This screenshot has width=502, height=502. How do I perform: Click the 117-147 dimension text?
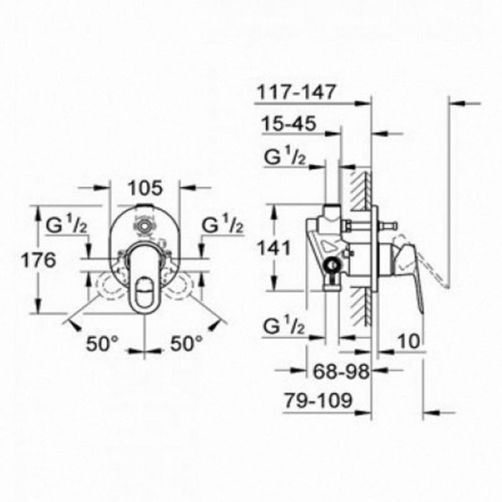click(x=296, y=92)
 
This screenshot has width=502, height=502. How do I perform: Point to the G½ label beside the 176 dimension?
click(x=67, y=224)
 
